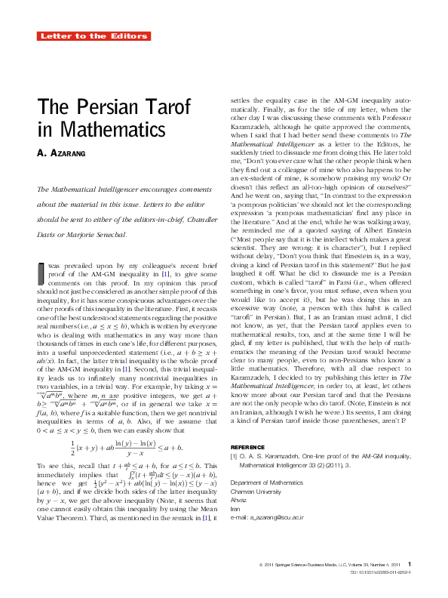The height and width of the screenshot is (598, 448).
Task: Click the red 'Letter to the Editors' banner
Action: [x=94, y=35]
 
